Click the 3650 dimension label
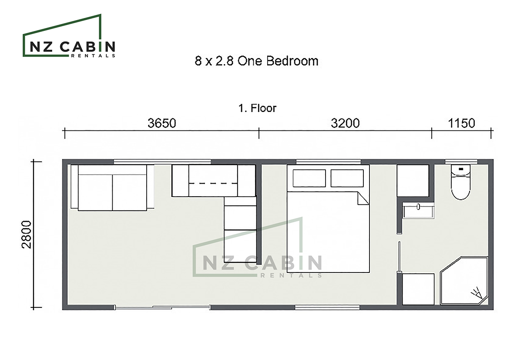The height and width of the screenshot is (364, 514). click(x=161, y=123)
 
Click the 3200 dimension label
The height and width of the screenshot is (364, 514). click(x=345, y=123)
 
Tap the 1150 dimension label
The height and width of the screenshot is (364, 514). click(x=461, y=123)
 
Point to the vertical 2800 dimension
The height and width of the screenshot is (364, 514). click(x=27, y=235)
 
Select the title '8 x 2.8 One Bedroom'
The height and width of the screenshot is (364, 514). click(x=256, y=61)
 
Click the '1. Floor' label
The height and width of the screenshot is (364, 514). click(x=257, y=108)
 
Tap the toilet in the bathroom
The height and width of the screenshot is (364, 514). click(x=460, y=182)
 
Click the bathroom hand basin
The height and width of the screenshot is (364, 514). click(x=418, y=211)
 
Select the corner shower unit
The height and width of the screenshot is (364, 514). click(x=464, y=281)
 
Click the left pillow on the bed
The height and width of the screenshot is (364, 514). click(x=309, y=178)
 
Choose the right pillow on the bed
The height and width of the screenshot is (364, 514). click(x=347, y=178)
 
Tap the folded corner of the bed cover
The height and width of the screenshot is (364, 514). click(x=363, y=198)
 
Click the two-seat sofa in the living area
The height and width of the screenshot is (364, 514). click(x=112, y=187)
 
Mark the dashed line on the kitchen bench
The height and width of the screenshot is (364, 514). click(x=213, y=183)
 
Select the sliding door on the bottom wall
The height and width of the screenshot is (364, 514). click(x=162, y=307)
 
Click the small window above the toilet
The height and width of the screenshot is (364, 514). click(x=460, y=161)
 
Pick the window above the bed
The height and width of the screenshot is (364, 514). click(x=329, y=161)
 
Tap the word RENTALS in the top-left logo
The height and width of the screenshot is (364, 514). click(x=93, y=56)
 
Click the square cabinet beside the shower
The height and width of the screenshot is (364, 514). click(x=418, y=289)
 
